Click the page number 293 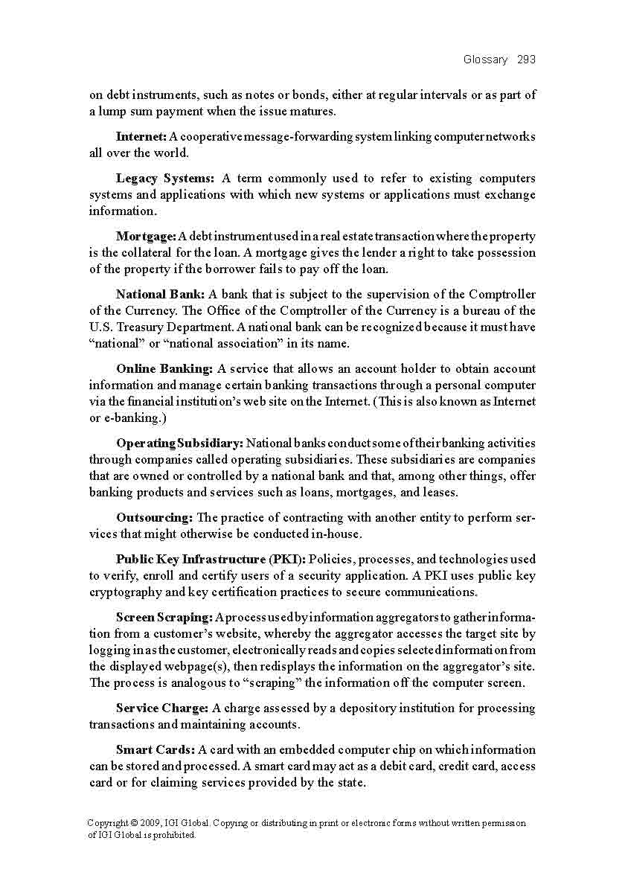tap(526, 60)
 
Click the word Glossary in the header tap(485, 60)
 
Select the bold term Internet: tap(141, 137)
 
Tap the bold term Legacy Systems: tap(165, 179)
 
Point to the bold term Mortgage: tap(146, 237)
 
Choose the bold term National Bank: tap(160, 295)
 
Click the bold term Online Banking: tap(164, 369)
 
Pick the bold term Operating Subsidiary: tap(179, 444)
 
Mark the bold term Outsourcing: tap(154, 518)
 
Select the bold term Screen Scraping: tap(164, 618)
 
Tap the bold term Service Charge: tap(161, 708)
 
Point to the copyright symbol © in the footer tap(134, 824)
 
